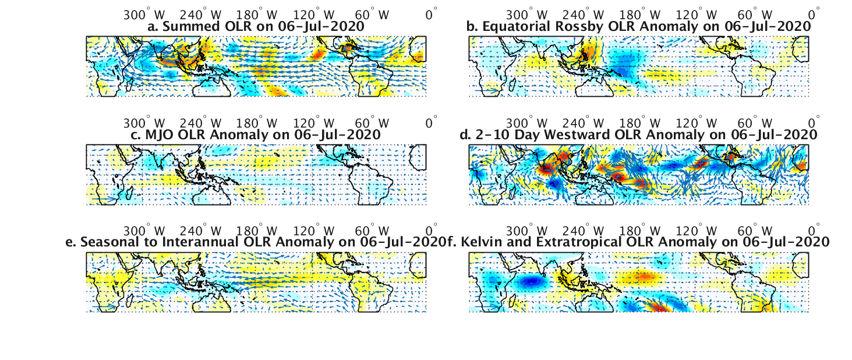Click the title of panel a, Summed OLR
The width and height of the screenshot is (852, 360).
[x=256, y=26]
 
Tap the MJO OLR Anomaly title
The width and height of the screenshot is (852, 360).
[x=256, y=135]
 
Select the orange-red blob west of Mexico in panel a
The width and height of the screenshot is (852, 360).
[x=318, y=54]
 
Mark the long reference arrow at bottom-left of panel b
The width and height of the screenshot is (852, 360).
[x=485, y=91]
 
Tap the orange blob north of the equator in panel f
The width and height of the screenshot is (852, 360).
[x=644, y=275]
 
